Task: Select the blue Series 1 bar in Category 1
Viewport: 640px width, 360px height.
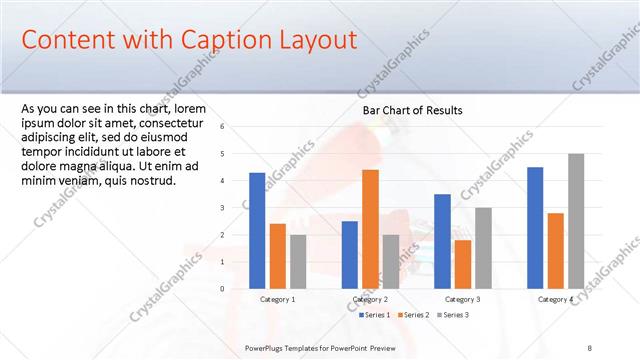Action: [257, 230]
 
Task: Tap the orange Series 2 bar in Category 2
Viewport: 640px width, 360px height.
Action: [370, 229]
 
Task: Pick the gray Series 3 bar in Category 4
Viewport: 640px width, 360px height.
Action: [576, 221]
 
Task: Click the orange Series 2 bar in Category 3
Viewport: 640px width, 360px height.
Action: [463, 264]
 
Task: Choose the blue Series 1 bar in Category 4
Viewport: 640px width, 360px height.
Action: [535, 227]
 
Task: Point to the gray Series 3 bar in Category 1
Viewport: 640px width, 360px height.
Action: [298, 261]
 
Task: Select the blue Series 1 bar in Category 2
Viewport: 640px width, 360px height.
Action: [349, 254]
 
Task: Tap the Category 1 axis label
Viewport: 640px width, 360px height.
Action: [277, 300]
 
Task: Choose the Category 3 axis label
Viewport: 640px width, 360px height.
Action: [463, 300]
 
